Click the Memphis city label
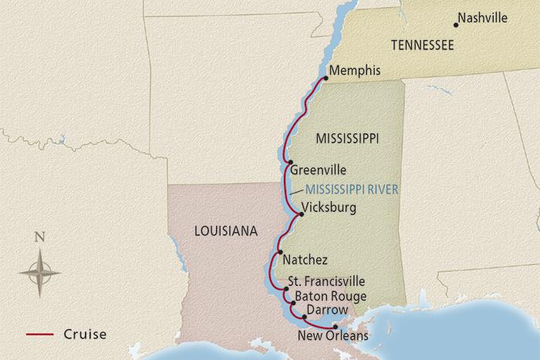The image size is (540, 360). tap(355, 71)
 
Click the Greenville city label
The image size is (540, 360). tap(318, 170)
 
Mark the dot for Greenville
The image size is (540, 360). tap(288, 163)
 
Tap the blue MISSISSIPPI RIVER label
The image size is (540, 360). tap(352, 189)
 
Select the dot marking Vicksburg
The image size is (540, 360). tap(292, 215)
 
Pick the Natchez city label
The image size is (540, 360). tap(305, 260)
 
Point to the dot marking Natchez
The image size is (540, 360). tap(280, 251)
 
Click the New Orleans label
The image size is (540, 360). tap(332, 336)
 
